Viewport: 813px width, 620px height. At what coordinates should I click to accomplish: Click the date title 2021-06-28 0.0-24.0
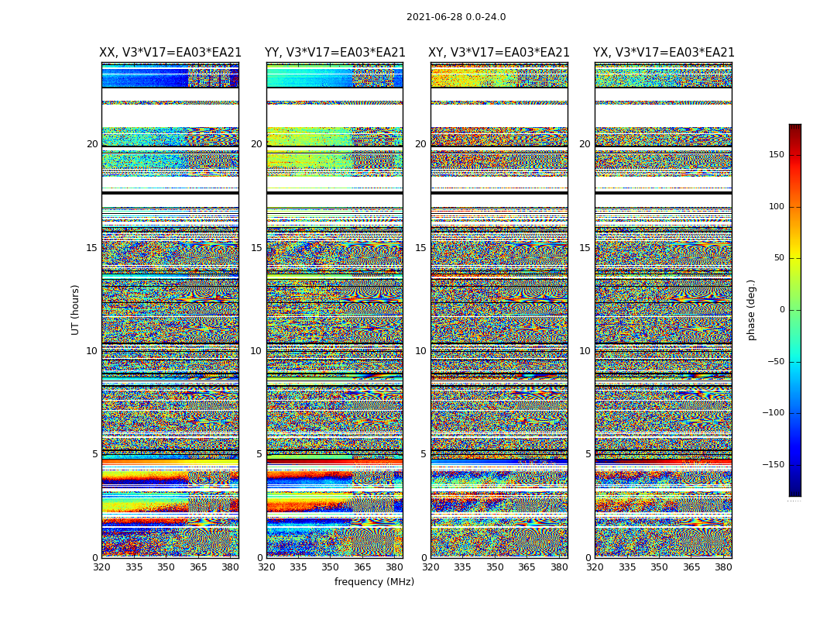[456, 17]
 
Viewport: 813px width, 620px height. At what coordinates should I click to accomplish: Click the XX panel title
[170, 53]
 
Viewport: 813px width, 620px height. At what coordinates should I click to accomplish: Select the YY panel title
[334, 53]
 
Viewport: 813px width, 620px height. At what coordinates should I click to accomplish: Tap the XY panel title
[499, 53]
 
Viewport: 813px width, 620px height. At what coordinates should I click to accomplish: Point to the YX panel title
[664, 53]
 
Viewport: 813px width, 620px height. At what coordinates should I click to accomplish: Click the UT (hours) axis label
[75, 309]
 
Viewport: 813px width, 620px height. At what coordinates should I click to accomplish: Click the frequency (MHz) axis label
[374, 582]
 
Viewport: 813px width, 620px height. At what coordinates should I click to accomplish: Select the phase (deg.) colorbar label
[751, 310]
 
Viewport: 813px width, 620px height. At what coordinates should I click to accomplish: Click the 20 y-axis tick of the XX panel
[92, 144]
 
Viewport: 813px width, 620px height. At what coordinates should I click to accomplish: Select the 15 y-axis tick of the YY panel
[256, 248]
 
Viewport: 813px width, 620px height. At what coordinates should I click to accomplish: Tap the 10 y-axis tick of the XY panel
[420, 351]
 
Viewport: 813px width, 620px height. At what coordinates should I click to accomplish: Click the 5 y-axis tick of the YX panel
[588, 454]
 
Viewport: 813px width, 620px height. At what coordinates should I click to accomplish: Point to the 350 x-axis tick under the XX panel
[166, 567]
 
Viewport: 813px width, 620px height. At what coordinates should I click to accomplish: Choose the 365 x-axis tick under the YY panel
[362, 567]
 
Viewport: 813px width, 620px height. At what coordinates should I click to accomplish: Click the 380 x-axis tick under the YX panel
[723, 567]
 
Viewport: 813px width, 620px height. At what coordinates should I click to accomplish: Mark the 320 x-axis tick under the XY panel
[431, 567]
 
